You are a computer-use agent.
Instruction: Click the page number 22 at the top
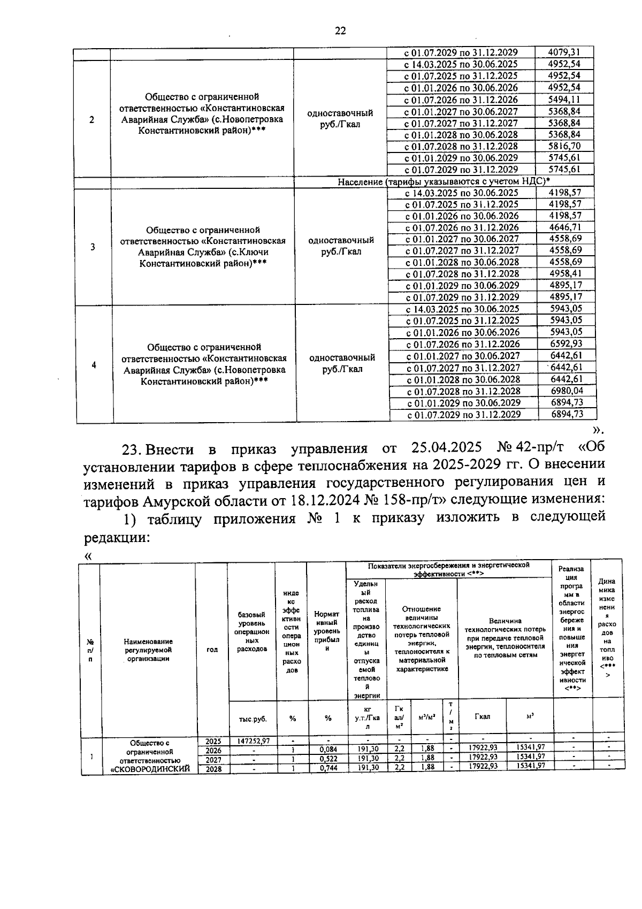pyautogui.click(x=340, y=30)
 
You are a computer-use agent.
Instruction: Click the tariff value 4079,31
pyautogui.click(x=564, y=52)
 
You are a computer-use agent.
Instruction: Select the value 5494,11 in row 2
pyautogui.click(x=564, y=100)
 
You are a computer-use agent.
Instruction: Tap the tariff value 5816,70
pyautogui.click(x=564, y=146)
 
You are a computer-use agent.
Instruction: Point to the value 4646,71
pyautogui.click(x=565, y=227)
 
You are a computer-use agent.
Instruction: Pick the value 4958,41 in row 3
pyautogui.click(x=565, y=274)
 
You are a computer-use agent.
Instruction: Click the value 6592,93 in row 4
pyautogui.click(x=567, y=344)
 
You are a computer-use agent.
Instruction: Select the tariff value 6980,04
pyautogui.click(x=567, y=391)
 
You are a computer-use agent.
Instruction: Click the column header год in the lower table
pyautogui.click(x=212, y=650)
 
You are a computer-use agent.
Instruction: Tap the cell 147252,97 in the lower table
pyautogui.click(x=253, y=741)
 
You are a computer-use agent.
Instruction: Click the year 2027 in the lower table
pyautogui.click(x=213, y=759)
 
